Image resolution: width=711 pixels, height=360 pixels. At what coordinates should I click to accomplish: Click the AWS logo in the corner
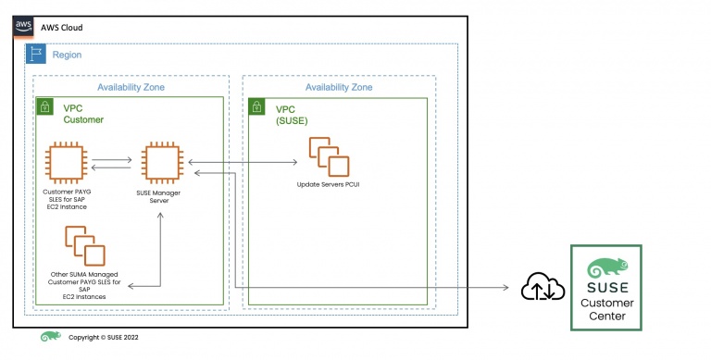23,27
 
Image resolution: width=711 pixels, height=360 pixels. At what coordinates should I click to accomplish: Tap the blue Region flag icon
36,54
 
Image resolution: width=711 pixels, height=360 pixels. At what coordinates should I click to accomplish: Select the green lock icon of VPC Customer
44,106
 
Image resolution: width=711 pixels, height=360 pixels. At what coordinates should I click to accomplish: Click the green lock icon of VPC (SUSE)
256,107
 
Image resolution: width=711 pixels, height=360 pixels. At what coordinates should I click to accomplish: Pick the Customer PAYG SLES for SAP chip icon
67,162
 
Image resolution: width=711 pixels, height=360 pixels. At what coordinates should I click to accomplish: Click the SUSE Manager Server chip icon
162,162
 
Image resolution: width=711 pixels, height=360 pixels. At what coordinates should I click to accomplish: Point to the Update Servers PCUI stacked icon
330,157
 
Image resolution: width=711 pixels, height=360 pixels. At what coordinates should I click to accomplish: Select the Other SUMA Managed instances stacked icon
85,246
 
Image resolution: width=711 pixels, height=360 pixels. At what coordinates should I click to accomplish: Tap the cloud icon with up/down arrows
543,287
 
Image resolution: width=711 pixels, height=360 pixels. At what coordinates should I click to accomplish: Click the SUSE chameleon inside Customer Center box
607,268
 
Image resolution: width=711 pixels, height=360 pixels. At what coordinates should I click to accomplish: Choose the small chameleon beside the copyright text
50,337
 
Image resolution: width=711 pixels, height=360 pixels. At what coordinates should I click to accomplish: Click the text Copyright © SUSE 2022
104,338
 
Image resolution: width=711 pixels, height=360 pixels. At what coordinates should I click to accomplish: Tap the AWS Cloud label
62,28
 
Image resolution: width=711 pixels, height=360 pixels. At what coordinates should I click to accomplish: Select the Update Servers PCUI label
329,184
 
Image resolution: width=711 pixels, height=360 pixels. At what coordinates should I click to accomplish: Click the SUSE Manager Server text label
158,197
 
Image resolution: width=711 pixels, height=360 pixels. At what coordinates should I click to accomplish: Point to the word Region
67,55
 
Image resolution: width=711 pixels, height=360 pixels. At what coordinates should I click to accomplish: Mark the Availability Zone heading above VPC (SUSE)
339,87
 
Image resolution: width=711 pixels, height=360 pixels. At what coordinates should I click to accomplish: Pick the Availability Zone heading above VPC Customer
131,87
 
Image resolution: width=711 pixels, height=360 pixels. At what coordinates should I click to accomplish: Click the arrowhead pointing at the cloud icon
505,287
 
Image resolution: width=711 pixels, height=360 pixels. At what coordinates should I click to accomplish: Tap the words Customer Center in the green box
607,309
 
